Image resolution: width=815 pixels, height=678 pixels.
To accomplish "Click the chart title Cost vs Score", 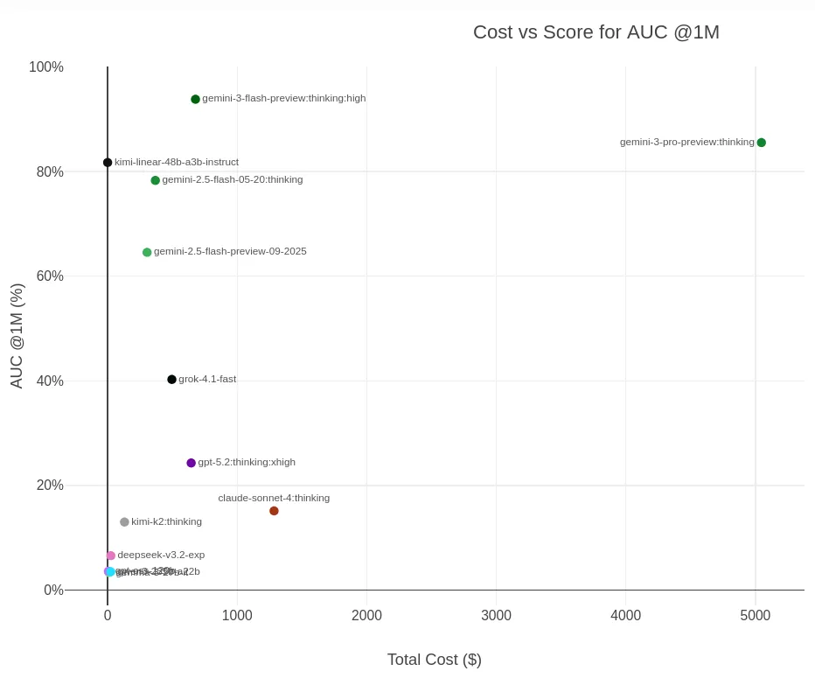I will (x=596, y=32).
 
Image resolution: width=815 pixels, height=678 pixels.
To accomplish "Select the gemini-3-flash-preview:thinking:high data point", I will (x=195, y=100).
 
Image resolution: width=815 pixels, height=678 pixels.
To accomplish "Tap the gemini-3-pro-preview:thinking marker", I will (x=761, y=143).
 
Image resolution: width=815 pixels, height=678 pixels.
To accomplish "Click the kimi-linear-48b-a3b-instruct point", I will (x=108, y=163).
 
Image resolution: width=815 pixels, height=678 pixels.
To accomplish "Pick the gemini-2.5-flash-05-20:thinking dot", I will (x=155, y=180).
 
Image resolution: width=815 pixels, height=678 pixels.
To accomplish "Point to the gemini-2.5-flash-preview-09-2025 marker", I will (x=147, y=253).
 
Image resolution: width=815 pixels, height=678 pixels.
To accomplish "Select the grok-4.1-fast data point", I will (x=171, y=380).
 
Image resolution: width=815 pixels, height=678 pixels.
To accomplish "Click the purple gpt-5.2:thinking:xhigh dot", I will (x=191, y=463).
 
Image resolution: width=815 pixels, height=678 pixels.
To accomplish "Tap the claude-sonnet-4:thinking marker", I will (x=274, y=511).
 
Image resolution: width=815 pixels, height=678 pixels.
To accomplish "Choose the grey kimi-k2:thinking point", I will (x=124, y=522).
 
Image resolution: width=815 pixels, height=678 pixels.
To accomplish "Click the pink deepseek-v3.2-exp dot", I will (x=110, y=556).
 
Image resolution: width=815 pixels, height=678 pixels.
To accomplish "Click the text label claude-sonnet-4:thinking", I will (x=274, y=498).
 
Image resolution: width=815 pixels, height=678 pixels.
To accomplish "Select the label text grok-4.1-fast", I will (x=207, y=379).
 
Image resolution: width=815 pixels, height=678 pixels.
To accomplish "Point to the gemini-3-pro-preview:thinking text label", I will (x=686, y=142).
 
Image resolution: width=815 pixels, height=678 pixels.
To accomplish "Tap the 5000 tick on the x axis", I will (x=755, y=616).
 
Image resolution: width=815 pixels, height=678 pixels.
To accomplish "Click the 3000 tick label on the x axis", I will (x=496, y=616).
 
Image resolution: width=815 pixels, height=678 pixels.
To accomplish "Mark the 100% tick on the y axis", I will (x=46, y=67).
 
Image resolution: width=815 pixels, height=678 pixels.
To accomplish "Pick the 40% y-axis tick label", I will (x=50, y=381).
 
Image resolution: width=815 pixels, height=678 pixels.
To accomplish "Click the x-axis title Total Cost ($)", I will (x=434, y=660).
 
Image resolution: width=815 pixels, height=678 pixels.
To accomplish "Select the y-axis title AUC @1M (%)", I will (x=17, y=336).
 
